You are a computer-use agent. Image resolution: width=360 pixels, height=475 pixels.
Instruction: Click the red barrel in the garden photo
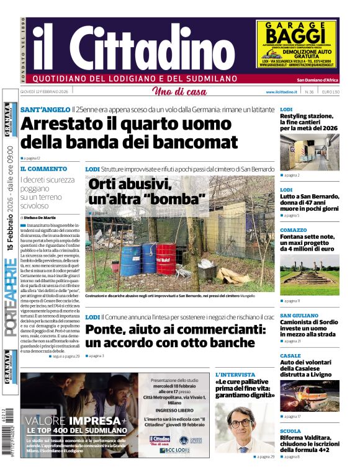[166, 258]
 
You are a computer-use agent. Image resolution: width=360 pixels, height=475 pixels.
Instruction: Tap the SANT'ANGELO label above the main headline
[45, 109]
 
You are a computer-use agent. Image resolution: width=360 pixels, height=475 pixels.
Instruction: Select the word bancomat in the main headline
[195, 142]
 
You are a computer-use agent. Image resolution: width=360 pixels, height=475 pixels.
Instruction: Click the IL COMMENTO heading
[43, 169]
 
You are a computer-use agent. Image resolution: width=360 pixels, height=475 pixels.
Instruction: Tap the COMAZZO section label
[294, 229]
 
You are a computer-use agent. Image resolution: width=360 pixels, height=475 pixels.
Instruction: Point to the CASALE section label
[290, 355]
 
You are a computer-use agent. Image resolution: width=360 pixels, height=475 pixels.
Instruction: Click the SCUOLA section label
[290, 430]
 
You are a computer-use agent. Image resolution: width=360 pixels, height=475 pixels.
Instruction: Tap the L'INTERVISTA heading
[235, 375]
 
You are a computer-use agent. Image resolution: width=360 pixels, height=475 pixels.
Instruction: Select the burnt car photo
[309, 394]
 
